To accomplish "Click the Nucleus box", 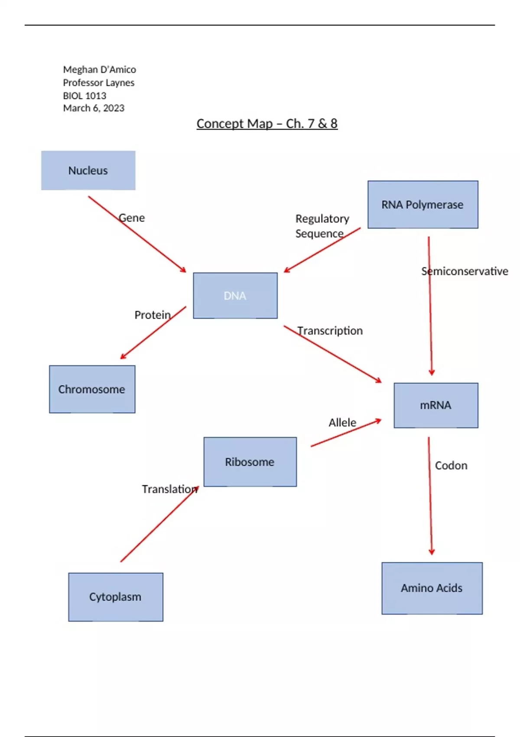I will click(88, 170).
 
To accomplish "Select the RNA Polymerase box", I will click(422, 205).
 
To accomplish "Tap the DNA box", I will click(235, 296).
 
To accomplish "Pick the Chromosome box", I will click(92, 389).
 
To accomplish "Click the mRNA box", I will click(435, 405).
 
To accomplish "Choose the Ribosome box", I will click(250, 462).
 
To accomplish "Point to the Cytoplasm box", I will click(115, 597).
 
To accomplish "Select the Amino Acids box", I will click(432, 588).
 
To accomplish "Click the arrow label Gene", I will click(132, 218).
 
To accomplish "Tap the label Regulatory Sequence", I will click(322, 226).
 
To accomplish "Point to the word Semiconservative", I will click(465, 271).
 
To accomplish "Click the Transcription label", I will click(330, 331).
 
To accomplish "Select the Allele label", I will click(342, 423).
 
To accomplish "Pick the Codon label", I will click(451, 466).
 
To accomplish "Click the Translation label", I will click(169, 489).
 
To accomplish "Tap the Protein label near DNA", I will click(153, 315).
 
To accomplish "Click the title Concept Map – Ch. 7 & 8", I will click(267, 124).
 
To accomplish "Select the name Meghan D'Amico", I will click(99, 70).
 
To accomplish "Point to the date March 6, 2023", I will click(94, 108).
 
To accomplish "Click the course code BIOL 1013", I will click(84, 96).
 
